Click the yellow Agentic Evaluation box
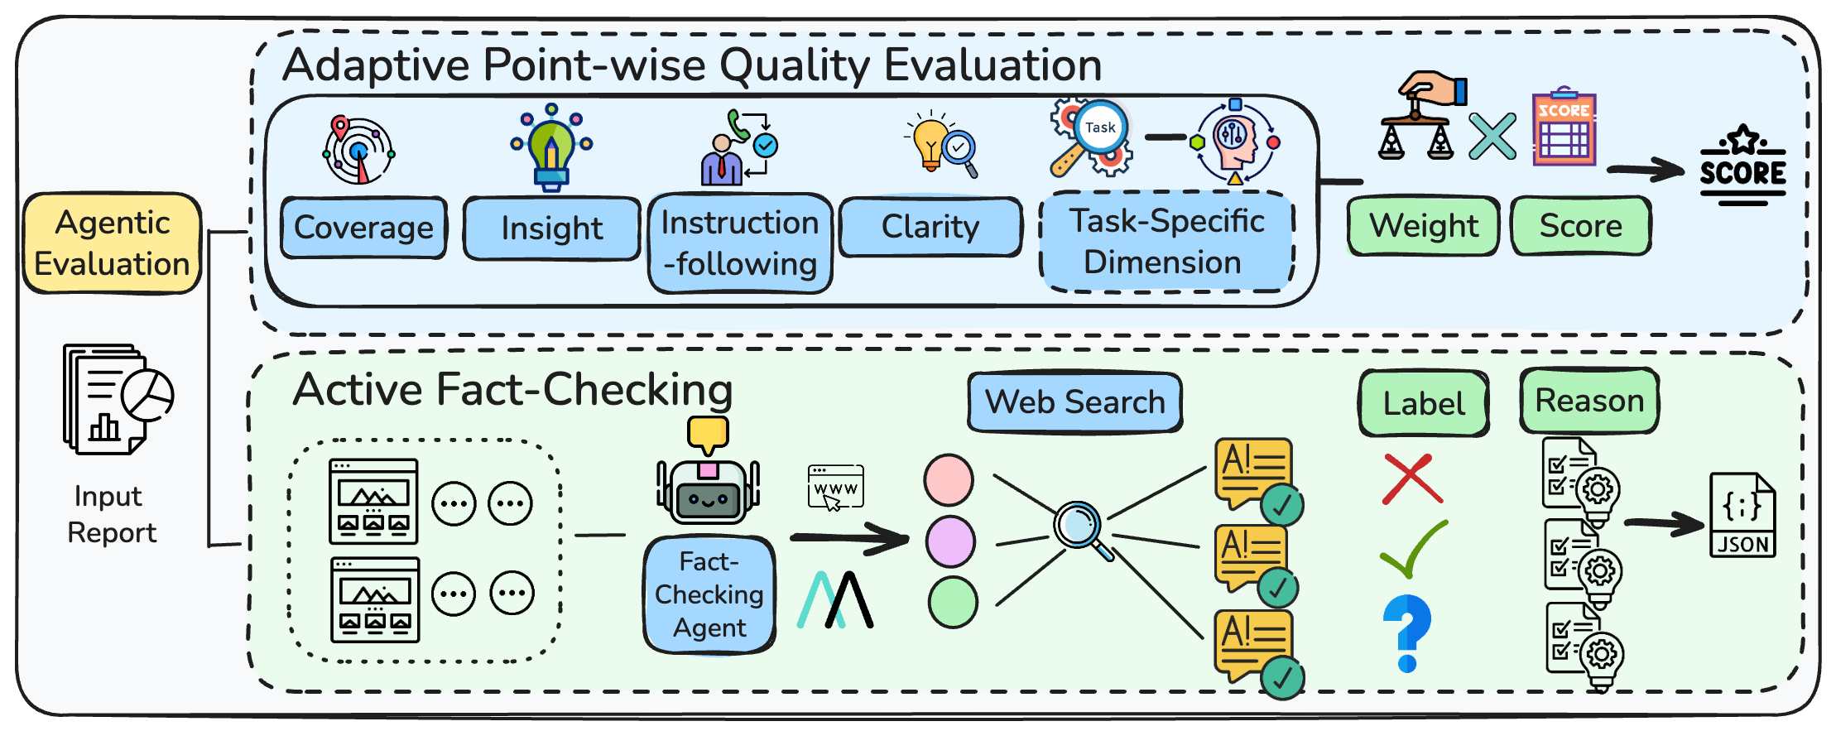[x=112, y=243]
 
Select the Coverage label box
[x=363, y=228]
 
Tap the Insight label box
[x=551, y=228]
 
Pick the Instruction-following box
[x=740, y=243]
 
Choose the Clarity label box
[x=930, y=227]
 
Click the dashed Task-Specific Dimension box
[x=1166, y=242]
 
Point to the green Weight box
[x=1423, y=226]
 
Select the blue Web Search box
[x=1074, y=402]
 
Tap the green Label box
[x=1424, y=403]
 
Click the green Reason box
[x=1589, y=401]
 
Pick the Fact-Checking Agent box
[x=709, y=594]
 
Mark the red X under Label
[x=1413, y=479]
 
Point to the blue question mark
[x=1407, y=632]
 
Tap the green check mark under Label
[x=1414, y=550]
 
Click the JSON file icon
[x=1742, y=515]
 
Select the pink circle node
[x=949, y=480]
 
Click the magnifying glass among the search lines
[x=1081, y=528]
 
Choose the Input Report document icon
[x=117, y=399]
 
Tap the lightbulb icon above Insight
[x=551, y=149]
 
